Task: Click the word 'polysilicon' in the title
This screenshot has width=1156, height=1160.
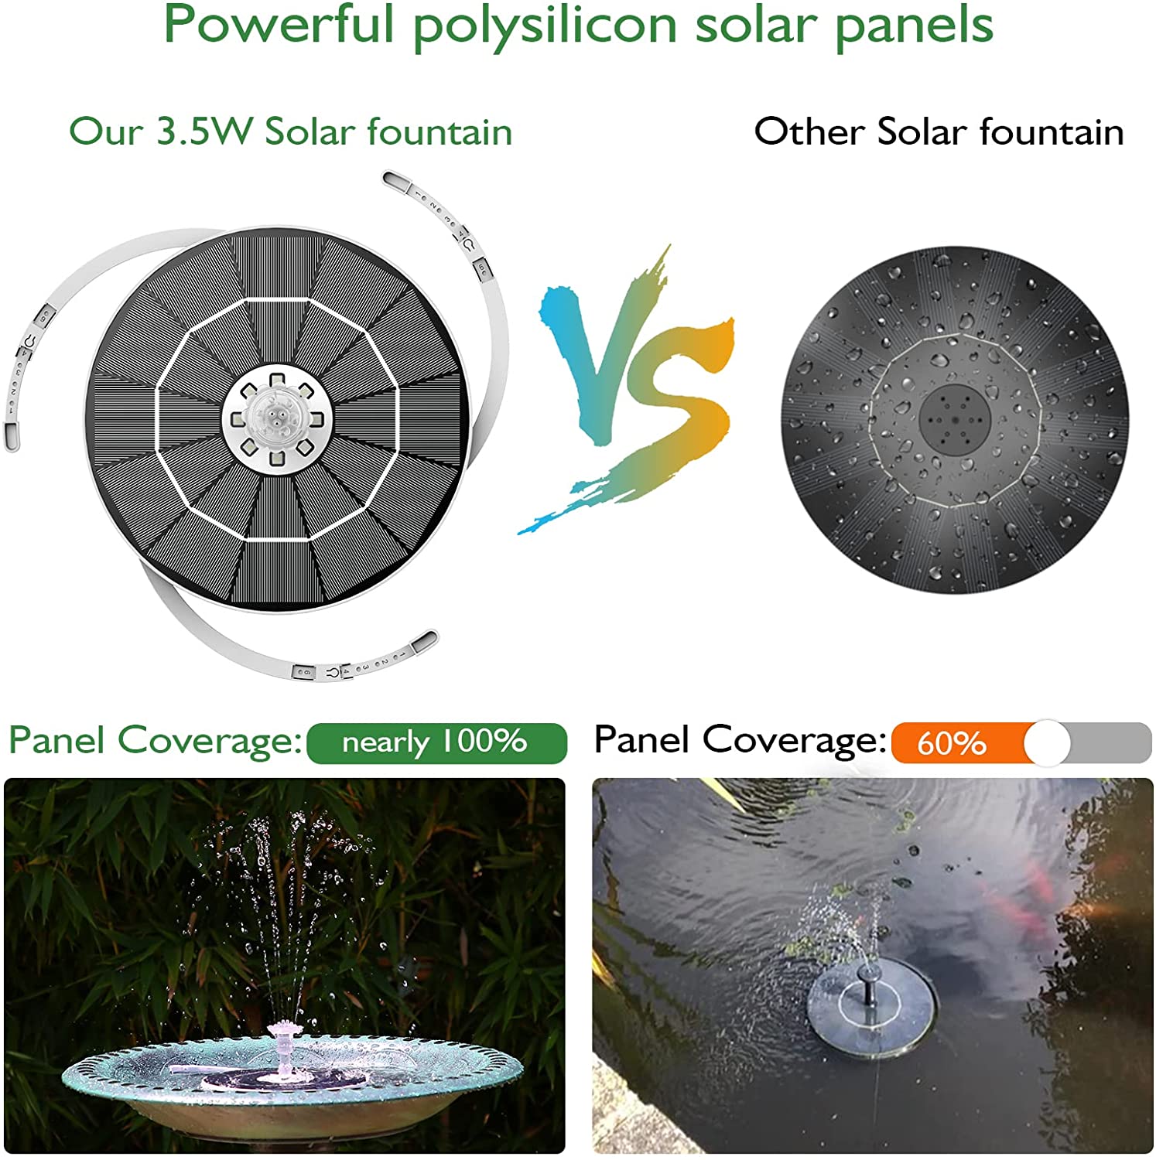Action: (546, 25)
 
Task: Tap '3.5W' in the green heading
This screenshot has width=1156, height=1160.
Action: (204, 131)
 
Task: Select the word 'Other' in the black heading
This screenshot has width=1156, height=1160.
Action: (808, 131)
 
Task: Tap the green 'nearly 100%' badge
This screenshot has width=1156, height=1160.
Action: (436, 742)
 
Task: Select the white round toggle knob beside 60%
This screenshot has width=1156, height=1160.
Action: (1047, 743)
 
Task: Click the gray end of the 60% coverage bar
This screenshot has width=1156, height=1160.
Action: (1114, 743)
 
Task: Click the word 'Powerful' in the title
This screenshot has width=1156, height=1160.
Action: (279, 25)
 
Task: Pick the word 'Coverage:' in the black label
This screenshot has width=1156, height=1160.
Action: (794, 740)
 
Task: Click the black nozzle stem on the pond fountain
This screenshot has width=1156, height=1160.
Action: (869, 986)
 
